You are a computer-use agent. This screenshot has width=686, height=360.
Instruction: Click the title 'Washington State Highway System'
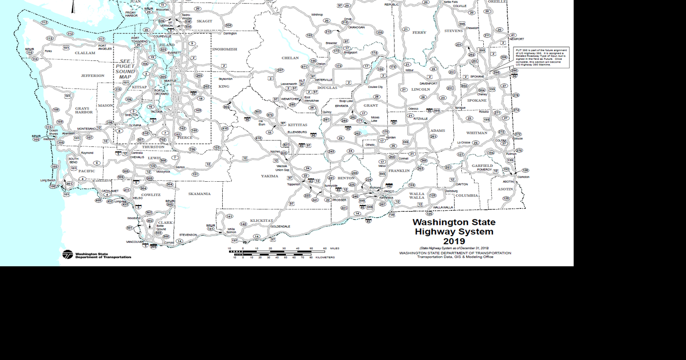454,227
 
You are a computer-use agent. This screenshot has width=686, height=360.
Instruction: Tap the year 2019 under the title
454,241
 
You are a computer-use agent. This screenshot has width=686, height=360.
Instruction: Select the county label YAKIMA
269,176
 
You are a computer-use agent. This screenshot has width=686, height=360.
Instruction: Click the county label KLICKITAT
261,221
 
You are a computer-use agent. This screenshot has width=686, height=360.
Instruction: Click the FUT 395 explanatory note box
541,57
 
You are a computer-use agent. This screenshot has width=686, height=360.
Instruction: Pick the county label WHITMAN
477,133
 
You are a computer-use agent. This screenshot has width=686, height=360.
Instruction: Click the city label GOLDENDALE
280,226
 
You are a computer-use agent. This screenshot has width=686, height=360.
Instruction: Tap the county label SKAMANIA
199,194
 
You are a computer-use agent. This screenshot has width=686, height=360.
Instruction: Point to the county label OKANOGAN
356,27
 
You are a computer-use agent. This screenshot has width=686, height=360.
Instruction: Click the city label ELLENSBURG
297,132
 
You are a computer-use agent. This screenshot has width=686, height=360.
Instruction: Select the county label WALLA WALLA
416,196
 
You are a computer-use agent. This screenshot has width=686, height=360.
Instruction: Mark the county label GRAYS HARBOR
84,110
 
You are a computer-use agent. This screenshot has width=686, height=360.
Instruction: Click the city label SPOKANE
477,76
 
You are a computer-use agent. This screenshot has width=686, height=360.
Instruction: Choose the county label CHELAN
290,58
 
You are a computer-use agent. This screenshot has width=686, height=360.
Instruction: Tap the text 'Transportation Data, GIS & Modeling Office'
455,257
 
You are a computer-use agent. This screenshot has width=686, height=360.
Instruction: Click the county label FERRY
419,33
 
